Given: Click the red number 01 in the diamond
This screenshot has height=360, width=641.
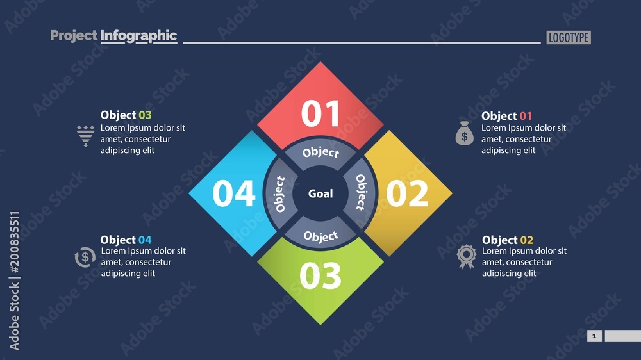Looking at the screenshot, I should pos(320,113).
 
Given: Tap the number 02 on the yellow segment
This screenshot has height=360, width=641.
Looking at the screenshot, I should pos(407,193).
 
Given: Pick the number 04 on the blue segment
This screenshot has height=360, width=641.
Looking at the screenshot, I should pos(234,193).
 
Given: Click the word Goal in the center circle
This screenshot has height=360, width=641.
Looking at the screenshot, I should pos(320,193).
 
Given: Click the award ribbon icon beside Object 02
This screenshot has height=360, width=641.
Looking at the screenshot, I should pos(465,256).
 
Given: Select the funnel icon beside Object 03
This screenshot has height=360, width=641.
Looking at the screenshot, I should pos(85,135).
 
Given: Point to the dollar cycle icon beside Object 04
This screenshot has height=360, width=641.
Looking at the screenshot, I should pos(85,258).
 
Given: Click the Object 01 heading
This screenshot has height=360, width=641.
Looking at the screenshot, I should pos(506,116).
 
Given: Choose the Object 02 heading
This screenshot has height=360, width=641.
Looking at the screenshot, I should pos(507,240).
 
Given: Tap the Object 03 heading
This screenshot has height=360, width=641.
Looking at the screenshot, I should pos(126,115).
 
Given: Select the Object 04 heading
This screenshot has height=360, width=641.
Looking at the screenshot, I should pos(126,240).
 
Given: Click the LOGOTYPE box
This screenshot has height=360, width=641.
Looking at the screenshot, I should pos(569,37).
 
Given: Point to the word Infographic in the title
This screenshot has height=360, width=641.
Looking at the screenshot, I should pos(138,36).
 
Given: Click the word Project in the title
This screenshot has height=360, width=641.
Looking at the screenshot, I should pos(74,36).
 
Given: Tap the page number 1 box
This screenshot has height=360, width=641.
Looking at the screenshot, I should pos(594,336).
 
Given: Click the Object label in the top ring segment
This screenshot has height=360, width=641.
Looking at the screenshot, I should pos(320,152).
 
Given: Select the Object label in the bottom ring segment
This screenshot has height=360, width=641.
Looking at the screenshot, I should pos(320,236).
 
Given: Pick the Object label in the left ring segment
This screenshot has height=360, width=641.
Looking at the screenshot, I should pos(279,194).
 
